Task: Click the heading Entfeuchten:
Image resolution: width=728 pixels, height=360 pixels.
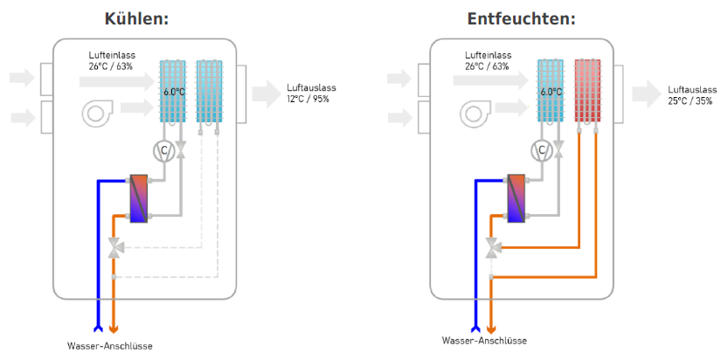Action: [x=521, y=18]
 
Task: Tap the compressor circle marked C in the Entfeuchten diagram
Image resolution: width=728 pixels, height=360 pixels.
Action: [x=541, y=150]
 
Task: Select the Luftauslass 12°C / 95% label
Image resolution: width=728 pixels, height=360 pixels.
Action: [x=311, y=93]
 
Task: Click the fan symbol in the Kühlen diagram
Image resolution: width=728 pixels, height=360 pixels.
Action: [x=98, y=112]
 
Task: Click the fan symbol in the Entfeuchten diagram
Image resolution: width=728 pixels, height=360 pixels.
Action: [x=476, y=112]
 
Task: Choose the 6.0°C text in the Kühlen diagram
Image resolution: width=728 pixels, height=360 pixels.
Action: [x=174, y=91]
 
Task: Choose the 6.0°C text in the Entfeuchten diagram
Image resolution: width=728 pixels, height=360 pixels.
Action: [x=551, y=91]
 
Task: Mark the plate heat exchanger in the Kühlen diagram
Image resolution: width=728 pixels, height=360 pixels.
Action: [x=140, y=197]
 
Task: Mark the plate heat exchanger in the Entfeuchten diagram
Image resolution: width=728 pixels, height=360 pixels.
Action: [x=517, y=197]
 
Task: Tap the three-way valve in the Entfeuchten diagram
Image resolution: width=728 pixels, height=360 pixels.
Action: [x=492, y=248]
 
